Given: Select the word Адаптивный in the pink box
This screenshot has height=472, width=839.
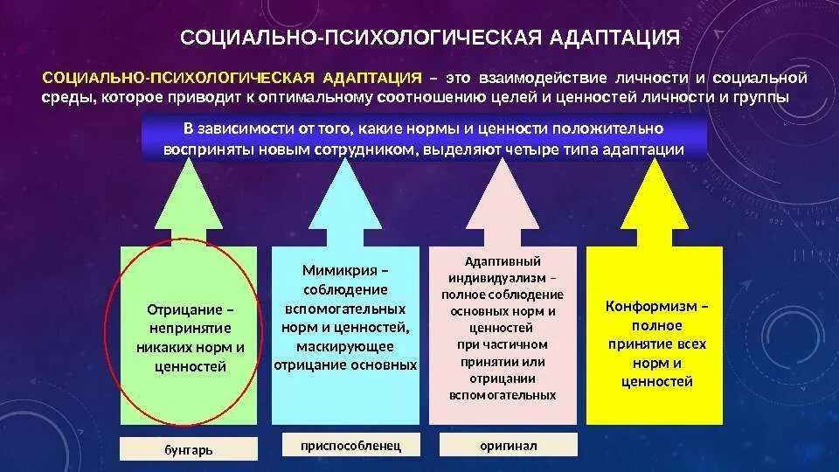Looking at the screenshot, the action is pyautogui.click(x=503, y=261).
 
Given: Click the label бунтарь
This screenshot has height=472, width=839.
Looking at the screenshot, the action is pyautogui.click(x=188, y=450).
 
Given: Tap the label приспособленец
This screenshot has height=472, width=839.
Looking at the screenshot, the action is pyautogui.click(x=350, y=446).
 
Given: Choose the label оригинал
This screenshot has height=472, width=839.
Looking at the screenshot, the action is pyautogui.click(x=508, y=446).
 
